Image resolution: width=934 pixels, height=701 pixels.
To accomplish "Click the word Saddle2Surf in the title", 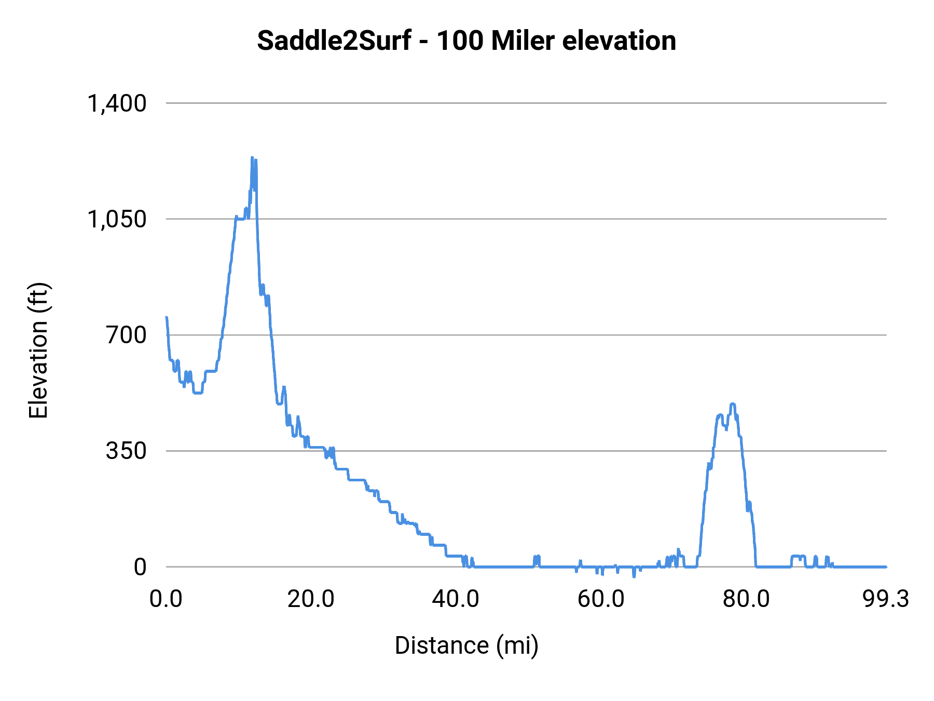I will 334,41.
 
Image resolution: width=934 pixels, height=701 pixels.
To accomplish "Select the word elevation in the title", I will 619,41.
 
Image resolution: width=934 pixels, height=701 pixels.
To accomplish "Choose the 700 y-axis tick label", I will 127,335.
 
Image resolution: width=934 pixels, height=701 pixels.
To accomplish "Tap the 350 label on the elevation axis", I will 127,451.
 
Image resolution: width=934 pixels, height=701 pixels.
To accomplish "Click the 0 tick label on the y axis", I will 140,567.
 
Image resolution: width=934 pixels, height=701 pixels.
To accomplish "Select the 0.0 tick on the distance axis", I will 166,599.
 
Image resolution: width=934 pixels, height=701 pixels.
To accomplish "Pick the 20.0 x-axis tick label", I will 311,599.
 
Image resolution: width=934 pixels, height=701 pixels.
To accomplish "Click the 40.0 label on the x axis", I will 456,599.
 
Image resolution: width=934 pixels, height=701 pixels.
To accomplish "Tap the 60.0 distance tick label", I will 601,599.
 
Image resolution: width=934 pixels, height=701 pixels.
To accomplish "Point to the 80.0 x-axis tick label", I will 746,599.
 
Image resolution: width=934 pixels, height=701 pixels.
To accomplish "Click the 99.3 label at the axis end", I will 886,599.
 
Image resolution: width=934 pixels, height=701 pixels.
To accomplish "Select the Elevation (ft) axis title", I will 38,351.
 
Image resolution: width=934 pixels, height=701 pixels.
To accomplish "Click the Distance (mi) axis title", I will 466,645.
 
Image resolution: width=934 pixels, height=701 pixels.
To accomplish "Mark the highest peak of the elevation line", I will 252,157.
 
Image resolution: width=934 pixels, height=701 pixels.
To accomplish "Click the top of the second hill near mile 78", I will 733,404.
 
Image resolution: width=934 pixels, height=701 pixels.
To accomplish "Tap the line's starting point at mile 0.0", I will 167,317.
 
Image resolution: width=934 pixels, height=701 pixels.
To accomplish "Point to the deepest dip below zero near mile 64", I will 634,576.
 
